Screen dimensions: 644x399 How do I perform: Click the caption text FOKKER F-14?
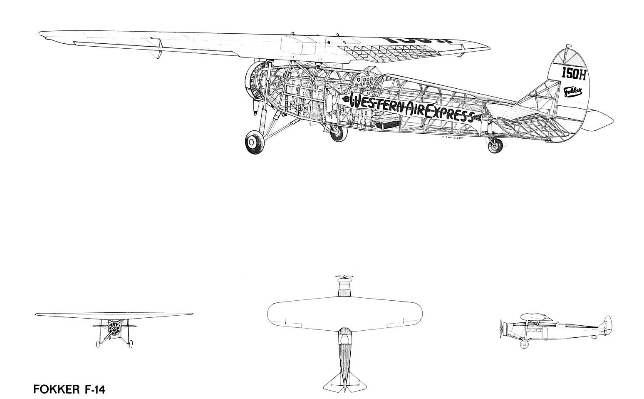tap(69, 390)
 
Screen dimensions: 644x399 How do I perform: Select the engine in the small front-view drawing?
tap(113, 329)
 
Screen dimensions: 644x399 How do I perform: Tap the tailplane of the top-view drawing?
tap(344, 380)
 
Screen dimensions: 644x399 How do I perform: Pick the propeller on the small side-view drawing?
tap(502, 329)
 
